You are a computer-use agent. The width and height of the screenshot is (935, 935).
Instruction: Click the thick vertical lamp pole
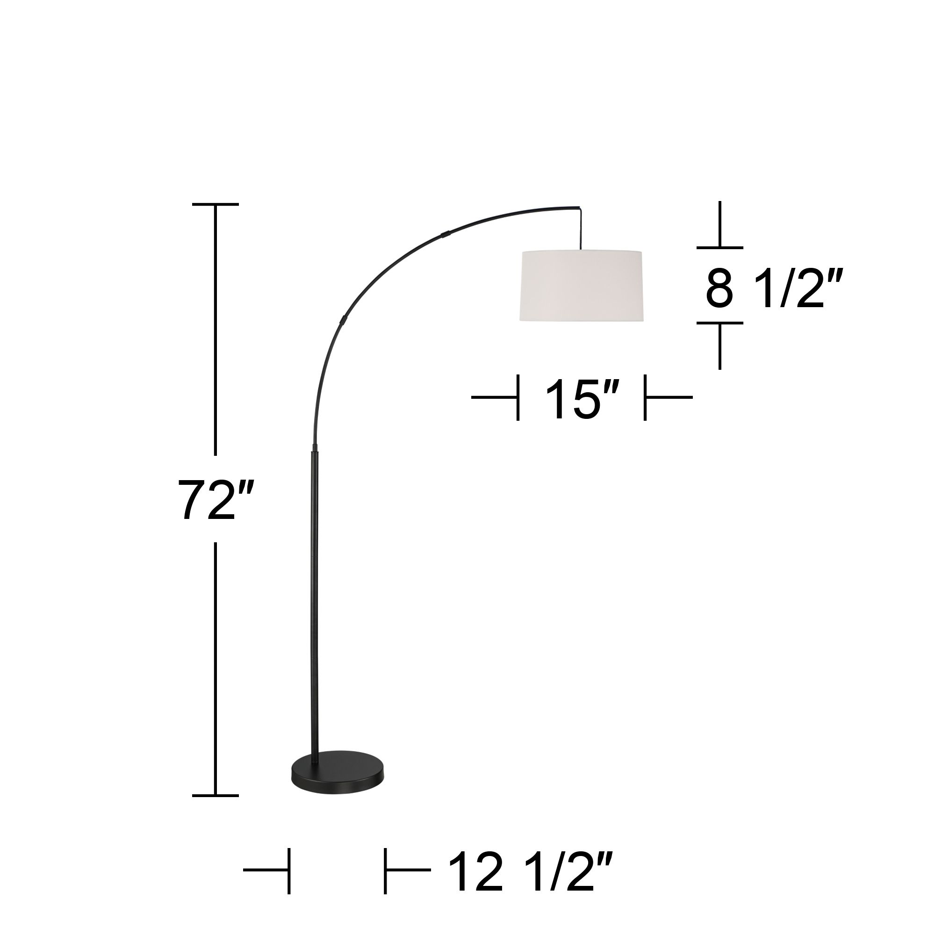click(x=315, y=605)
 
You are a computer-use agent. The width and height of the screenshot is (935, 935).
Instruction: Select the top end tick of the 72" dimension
click(x=216, y=205)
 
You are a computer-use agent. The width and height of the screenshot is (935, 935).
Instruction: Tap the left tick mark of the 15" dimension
click(x=518, y=397)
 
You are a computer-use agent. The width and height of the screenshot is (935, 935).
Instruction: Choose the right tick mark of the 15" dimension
click(x=645, y=397)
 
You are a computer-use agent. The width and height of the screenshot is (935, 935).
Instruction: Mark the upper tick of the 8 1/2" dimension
click(x=719, y=248)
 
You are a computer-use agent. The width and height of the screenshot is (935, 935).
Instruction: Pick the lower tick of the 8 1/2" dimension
click(x=719, y=323)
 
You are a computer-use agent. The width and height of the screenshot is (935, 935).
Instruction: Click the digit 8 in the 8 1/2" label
click(x=719, y=290)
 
